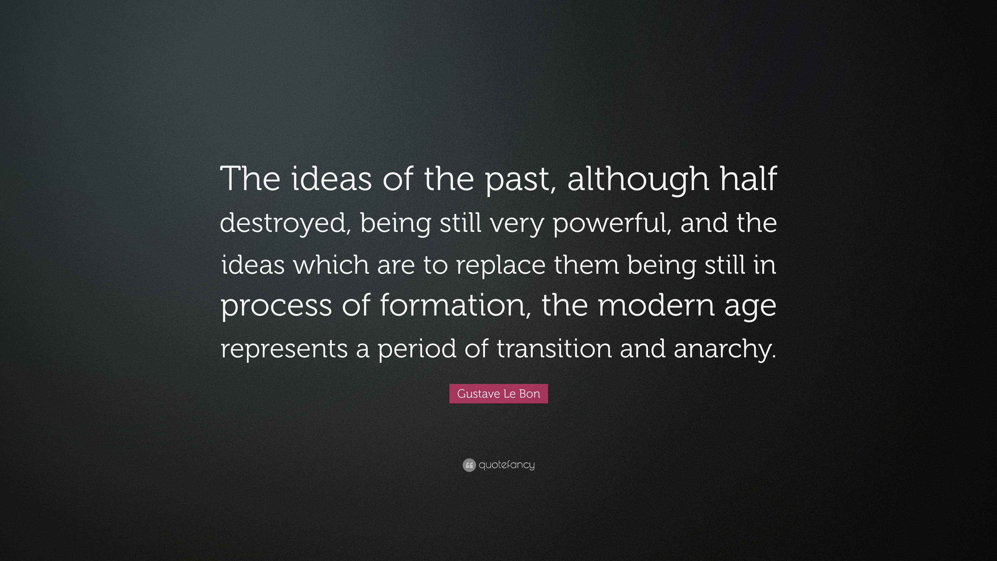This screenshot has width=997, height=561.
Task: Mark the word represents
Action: (284, 349)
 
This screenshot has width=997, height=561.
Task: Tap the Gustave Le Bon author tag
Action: (498, 394)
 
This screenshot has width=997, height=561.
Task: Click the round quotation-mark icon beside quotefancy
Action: (469, 465)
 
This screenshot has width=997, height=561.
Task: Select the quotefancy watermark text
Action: (507, 465)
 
